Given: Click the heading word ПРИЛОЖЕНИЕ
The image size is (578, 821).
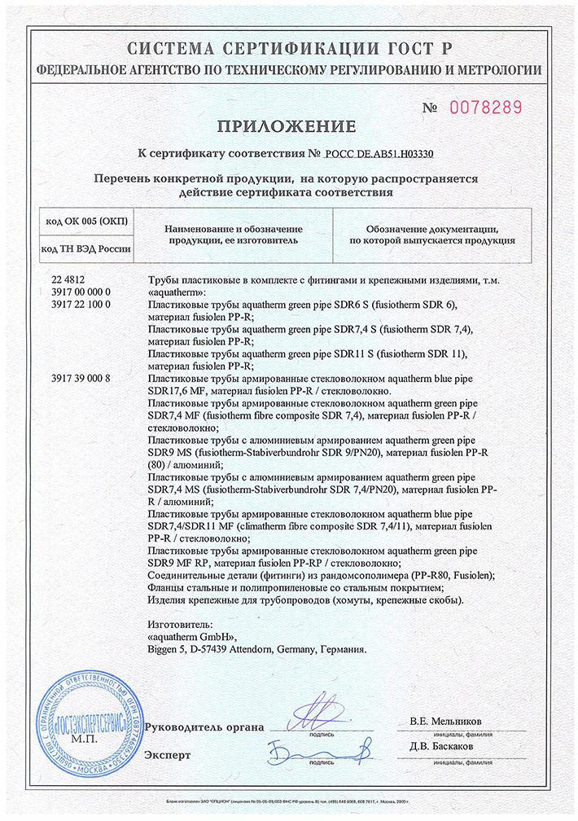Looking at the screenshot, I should (286, 126).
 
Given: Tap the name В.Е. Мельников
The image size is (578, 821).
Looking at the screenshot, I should (445, 722).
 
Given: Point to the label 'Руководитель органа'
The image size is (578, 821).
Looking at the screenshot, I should (204, 727).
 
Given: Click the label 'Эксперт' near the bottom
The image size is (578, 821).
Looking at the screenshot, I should (168, 755).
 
